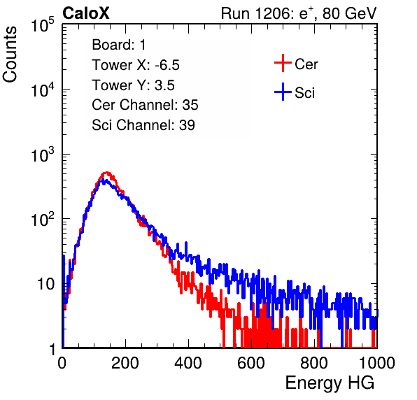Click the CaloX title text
85,13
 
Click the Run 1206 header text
299,13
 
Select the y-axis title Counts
10,55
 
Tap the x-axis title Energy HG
330,383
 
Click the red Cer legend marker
283,63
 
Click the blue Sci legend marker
283,92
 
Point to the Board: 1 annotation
119,45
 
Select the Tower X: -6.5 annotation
136,65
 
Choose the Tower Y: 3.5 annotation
133,85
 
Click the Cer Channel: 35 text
145,105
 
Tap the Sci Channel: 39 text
143,125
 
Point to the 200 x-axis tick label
125,363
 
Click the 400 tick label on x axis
188,363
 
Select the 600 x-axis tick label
251,363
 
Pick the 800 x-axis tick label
314,363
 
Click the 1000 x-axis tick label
377,363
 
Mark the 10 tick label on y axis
46,284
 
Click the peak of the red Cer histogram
106,173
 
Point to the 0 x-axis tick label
62,363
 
